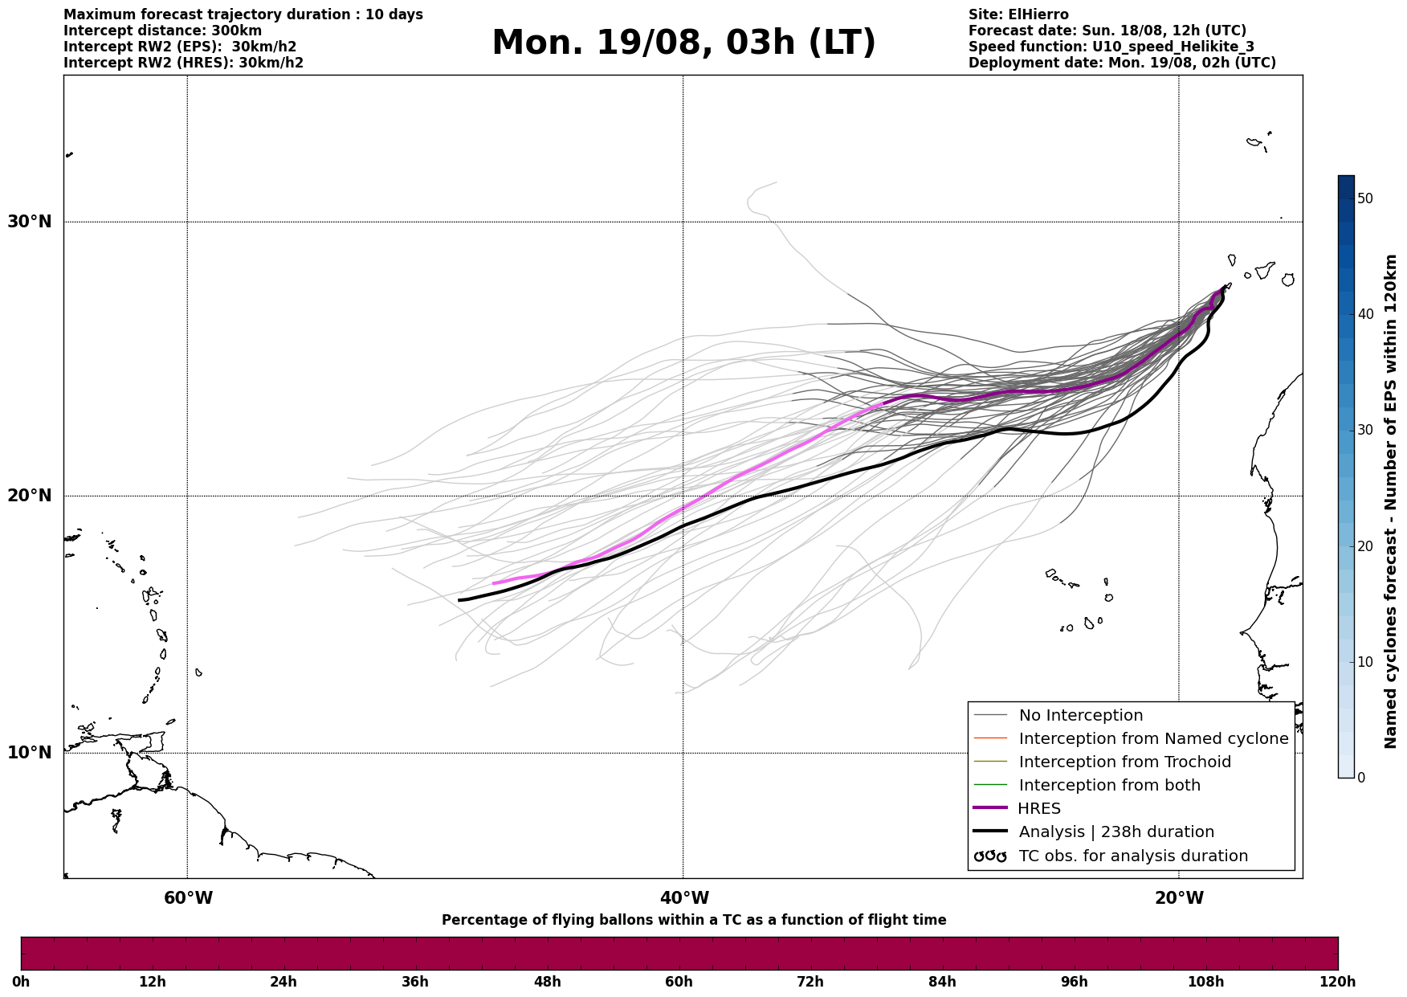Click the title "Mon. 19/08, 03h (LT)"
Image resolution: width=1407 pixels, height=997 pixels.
tap(683, 43)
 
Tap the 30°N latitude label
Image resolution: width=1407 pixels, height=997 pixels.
tap(30, 221)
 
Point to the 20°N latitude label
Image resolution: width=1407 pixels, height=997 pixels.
tap(30, 496)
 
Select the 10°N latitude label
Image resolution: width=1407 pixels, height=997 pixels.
tap(30, 753)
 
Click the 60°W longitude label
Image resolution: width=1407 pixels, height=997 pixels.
tap(188, 897)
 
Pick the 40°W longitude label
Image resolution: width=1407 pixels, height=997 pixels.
tap(684, 897)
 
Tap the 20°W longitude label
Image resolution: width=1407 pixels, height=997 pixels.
tap(1180, 897)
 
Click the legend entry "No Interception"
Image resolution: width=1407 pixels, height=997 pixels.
tap(1080, 715)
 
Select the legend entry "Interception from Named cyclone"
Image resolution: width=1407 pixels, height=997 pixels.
tap(1153, 738)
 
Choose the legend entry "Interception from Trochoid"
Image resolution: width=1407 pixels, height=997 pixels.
tap(1124, 762)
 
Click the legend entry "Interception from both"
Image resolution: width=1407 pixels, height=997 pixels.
tap(1109, 785)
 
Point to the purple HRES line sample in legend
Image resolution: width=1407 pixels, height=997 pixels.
tap(990, 808)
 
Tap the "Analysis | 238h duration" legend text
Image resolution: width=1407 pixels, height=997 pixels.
tap(1116, 832)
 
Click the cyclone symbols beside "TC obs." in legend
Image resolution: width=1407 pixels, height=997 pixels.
tap(990, 856)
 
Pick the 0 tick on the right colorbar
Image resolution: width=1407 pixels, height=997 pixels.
tap(1361, 778)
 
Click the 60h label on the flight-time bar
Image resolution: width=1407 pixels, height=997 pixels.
tap(679, 982)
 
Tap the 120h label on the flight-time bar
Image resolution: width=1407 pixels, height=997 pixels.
tap(1337, 982)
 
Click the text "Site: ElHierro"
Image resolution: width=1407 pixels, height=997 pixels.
tap(1018, 14)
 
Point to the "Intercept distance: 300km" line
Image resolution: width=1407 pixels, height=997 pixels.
tap(162, 31)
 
